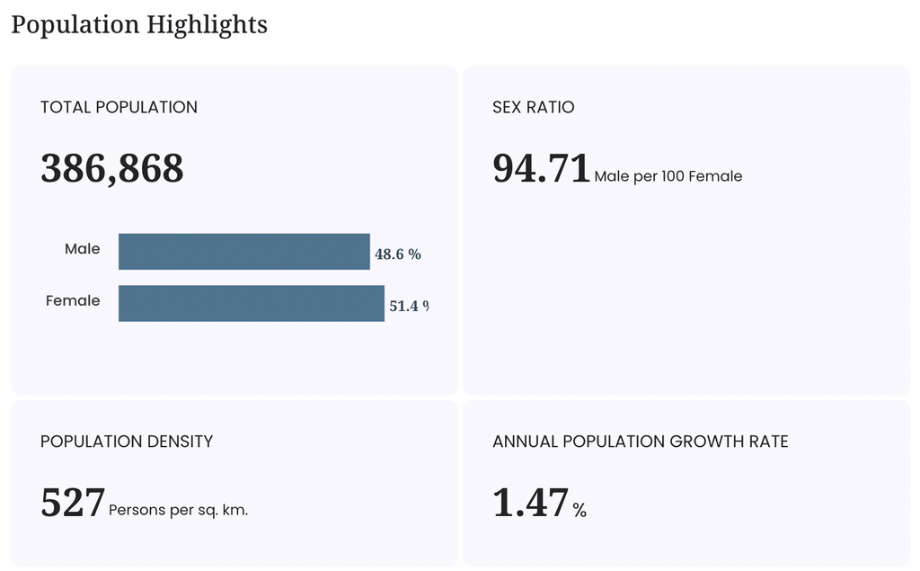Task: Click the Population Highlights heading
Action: [139, 25]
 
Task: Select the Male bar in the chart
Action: [244, 252]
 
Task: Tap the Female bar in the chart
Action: [252, 303]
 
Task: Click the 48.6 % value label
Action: [398, 254]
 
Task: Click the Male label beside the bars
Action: [82, 248]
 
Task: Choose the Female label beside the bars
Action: [73, 300]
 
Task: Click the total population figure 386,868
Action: [112, 168]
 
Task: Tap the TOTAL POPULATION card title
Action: [119, 107]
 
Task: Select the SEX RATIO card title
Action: [534, 107]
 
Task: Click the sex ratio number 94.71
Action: [541, 168]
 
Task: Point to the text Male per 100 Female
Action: [668, 176]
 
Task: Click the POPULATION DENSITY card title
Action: [127, 442]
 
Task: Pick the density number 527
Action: [73, 503]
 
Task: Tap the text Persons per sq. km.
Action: [179, 510]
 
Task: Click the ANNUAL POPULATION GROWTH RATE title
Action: [640, 442]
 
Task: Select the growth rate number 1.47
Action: [531, 503]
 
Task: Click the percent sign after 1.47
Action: [579, 510]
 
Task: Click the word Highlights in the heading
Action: [207, 25]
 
